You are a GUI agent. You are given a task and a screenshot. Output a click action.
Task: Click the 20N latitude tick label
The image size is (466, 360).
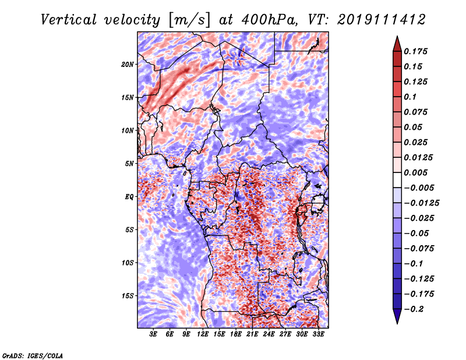click(x=128, y=64)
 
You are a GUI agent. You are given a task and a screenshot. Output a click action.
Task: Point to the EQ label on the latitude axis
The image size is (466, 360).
click(x=129, y=196)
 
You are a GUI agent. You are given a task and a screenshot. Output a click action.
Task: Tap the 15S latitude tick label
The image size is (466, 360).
click(x=128, y=295)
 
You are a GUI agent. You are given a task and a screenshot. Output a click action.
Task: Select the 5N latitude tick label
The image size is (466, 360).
click(x=129, y=163)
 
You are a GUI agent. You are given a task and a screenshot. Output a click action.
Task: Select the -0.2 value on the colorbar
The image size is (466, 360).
click(x=417, y=309)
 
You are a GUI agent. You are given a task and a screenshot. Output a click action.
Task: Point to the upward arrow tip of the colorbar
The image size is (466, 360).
click(x=397, y=38)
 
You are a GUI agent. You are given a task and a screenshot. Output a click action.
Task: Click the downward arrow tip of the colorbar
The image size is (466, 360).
click(x=397, y=322)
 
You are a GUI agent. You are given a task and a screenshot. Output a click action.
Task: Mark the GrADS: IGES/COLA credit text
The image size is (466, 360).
click(x=32, y=355)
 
